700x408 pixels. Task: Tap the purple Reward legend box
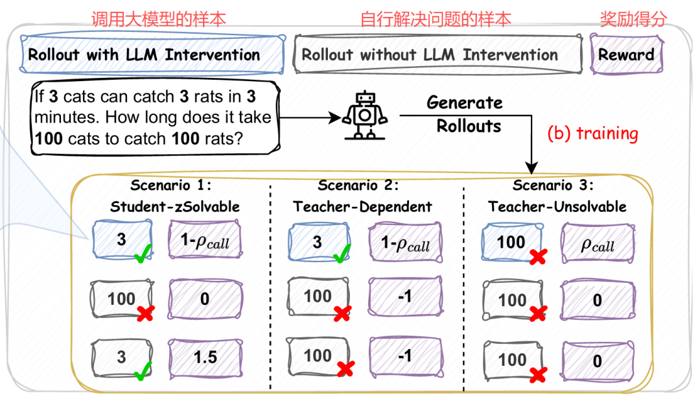tap(626, 54)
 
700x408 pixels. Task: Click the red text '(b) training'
tap(592, 134)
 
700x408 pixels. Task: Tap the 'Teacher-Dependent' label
tap(362, 207)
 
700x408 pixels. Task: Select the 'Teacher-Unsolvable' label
tap(557, 207)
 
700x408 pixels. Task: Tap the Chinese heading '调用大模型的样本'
tap(158, 18)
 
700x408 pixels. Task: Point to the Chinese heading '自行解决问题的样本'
tap(436, 18)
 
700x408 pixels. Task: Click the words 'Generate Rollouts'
tap(464, 114)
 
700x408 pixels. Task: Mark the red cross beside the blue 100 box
tap(537, 257)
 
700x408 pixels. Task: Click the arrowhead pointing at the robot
tap(337, 117)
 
